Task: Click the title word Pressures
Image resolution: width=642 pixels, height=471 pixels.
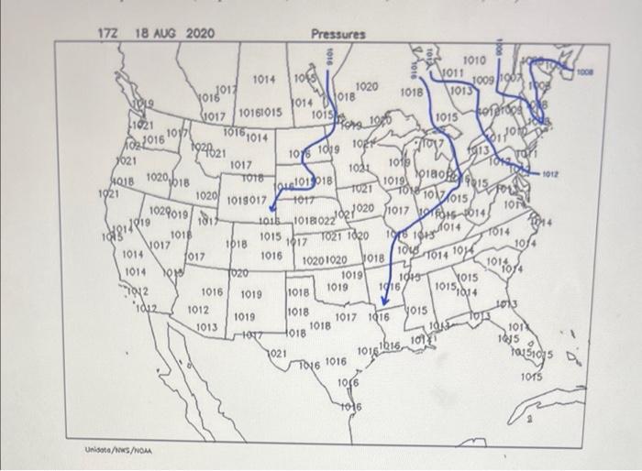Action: click(338, 34)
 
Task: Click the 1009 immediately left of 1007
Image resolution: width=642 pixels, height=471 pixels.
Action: click(486, 82)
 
